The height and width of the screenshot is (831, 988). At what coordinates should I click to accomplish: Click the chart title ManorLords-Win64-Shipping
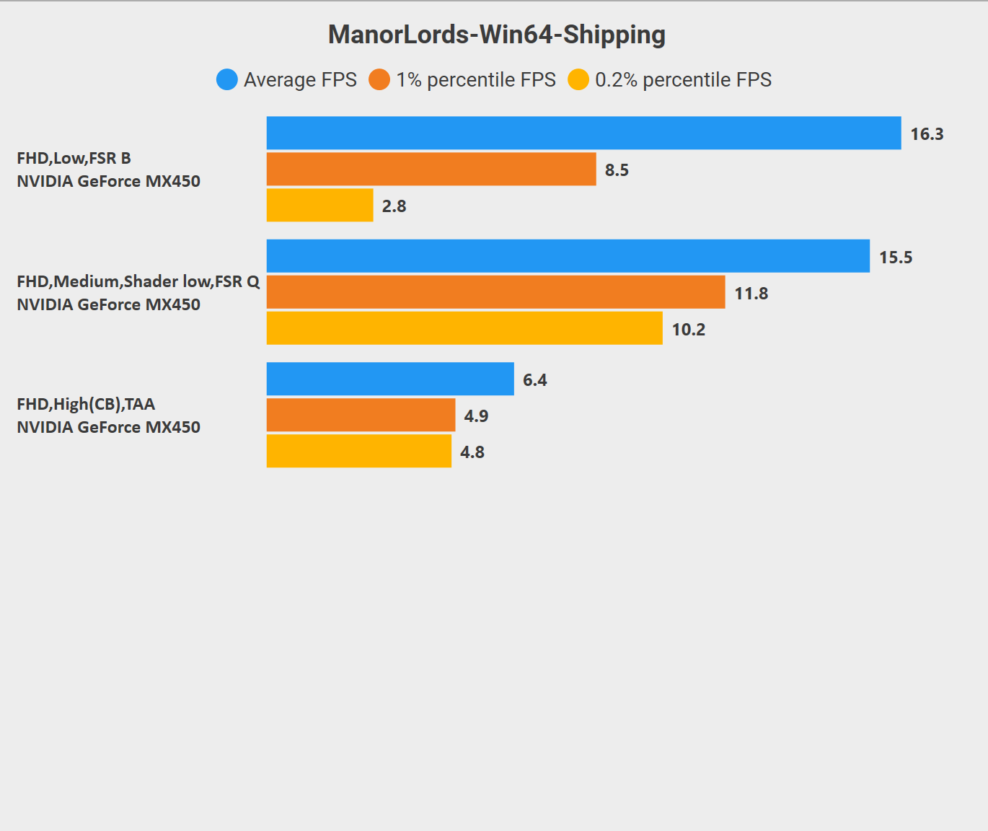click(497, 35)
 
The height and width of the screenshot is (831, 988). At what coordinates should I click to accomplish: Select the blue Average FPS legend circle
click(227, 79)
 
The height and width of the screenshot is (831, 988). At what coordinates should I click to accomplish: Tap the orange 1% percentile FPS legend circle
click(379, 79)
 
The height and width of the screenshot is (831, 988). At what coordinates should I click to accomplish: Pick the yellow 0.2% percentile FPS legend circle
click(578, 79)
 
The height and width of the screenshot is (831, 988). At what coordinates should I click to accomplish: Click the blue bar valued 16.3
click(584, 133)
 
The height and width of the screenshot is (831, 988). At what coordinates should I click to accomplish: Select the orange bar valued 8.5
click(431, 169)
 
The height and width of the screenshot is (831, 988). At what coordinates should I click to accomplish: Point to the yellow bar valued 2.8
click(320, 205)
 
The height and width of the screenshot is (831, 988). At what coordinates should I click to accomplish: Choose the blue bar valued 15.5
click(568, 256)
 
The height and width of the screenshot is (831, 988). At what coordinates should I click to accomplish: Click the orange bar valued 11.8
click(496, 292)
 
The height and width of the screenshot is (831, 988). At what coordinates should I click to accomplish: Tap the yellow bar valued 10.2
click(464, 328)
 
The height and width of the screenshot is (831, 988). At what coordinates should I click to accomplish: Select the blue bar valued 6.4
click(390, 379)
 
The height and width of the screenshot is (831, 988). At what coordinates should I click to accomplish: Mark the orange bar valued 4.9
click(361, 415)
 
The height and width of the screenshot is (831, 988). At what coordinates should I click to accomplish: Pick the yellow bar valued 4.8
click(359, 451)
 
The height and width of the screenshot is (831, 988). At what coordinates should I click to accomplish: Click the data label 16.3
click(927, 134)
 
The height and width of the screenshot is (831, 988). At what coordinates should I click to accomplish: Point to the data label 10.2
click(689, 330)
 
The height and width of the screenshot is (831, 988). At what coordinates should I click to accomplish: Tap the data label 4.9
click(476, 416)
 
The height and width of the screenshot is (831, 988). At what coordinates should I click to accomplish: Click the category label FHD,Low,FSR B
click(74, 159)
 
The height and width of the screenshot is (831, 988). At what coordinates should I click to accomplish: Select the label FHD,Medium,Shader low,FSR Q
click(138, 282)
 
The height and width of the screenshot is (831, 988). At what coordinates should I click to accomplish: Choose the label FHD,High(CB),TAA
click(86, 405)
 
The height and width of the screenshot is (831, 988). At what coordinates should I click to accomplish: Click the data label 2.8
click(394, 207)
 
